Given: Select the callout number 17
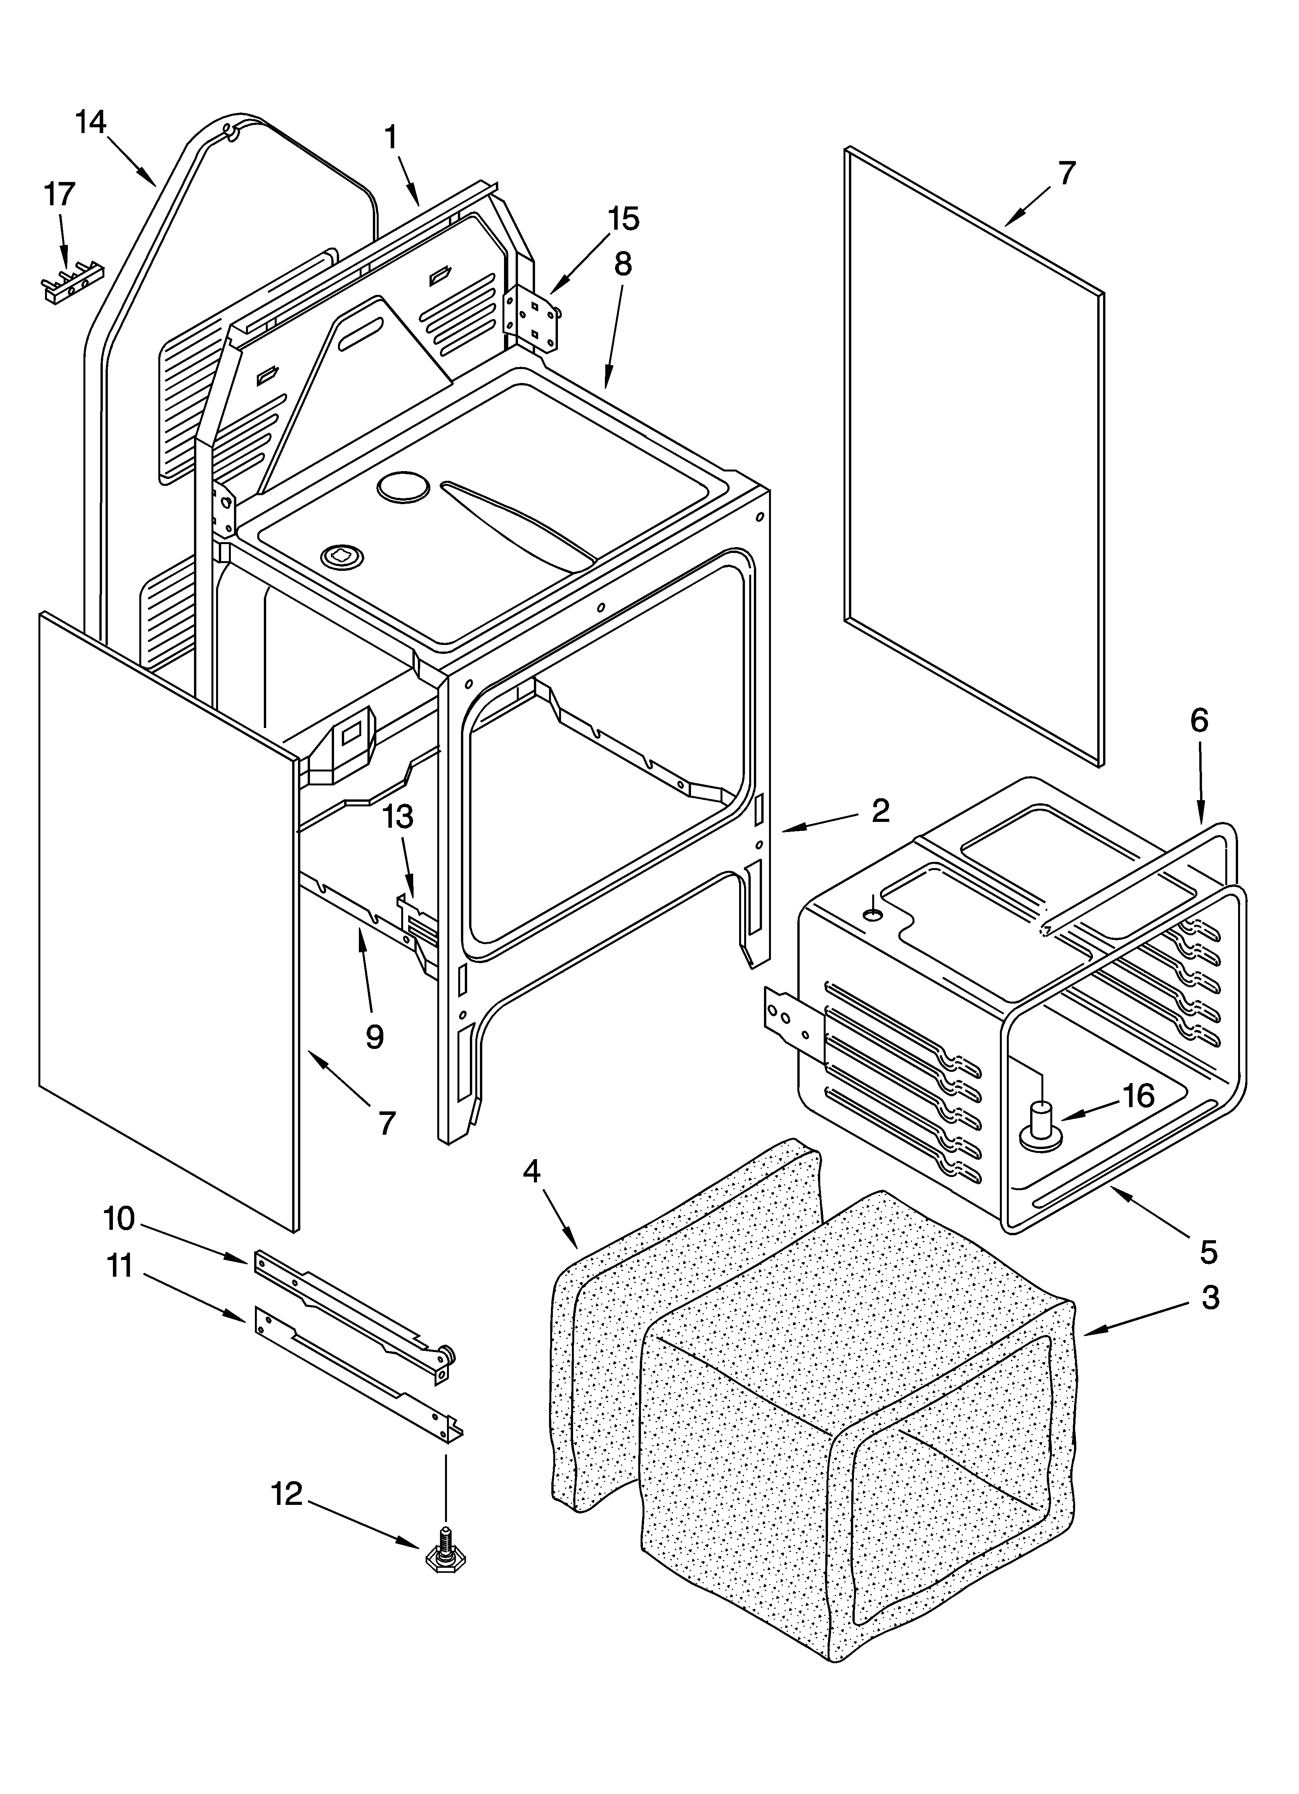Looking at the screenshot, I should pyautogui.click(x=59, y=194).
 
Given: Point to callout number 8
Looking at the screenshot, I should pyautogui.click(x=623, y=264).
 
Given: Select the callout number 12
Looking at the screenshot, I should pyautogui.click(x=287, y=1494).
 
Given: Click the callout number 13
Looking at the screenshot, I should pyautogui.click(x=399, y=816).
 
